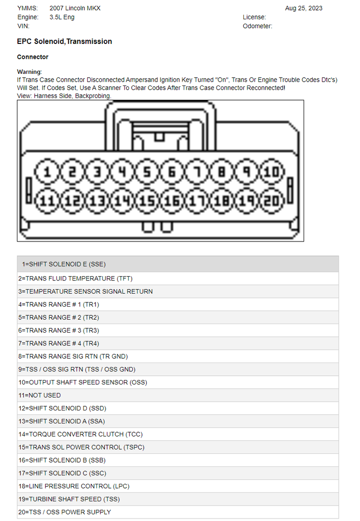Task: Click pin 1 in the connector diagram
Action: tap(47, 172)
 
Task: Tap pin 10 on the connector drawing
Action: tap(272, 172)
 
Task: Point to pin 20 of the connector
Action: tap(272, 201)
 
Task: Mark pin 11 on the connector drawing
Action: tap(47, 201)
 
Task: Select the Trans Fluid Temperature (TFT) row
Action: tap(75, 279)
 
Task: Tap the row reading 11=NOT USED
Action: tap(40, 395)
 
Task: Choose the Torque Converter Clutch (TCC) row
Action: tap(81, 435)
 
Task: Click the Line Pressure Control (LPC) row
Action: tap(74, 486)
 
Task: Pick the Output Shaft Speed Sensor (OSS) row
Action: tap(83, 382)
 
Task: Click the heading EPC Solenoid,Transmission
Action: tap(64, 42)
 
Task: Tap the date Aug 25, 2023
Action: tap(304, 8)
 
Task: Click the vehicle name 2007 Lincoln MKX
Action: tap(75, 8)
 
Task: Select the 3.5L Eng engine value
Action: tap(62, 17)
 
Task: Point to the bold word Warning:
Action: tap(29, 72)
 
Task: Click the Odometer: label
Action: tap(257, 26)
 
